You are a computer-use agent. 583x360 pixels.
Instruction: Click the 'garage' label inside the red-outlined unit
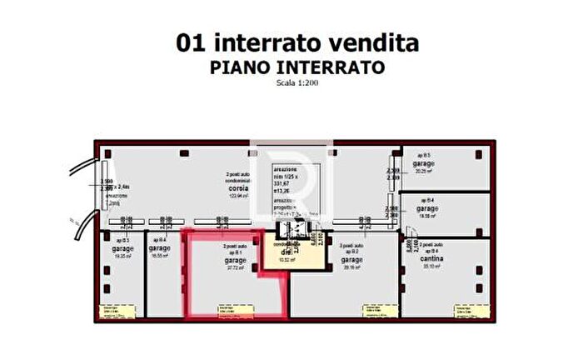point(234,260)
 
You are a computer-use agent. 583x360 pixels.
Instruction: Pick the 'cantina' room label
point(431,259)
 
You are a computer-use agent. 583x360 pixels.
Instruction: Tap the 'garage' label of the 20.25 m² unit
point(426,164)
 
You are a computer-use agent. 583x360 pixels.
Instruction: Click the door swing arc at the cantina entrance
point(411,231)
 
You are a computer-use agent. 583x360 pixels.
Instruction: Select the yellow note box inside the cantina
point(465,312)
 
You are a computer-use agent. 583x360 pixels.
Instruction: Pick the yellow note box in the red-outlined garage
point(231,312)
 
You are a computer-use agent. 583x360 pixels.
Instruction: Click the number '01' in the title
point(192,42)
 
